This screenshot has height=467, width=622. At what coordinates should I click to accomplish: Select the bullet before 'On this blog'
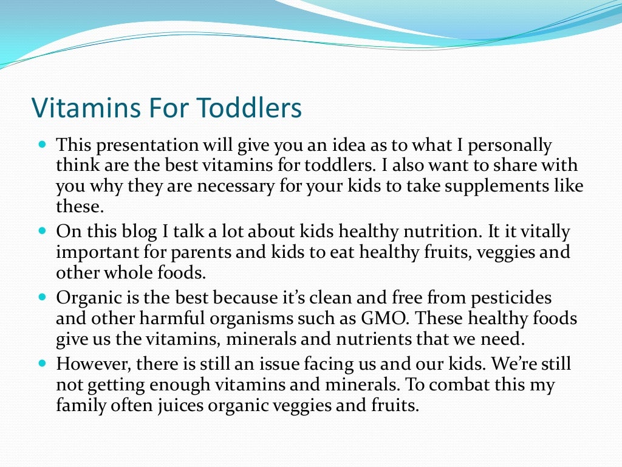pos(42,232)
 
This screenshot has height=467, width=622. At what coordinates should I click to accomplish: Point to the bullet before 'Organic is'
pos(42,299)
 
